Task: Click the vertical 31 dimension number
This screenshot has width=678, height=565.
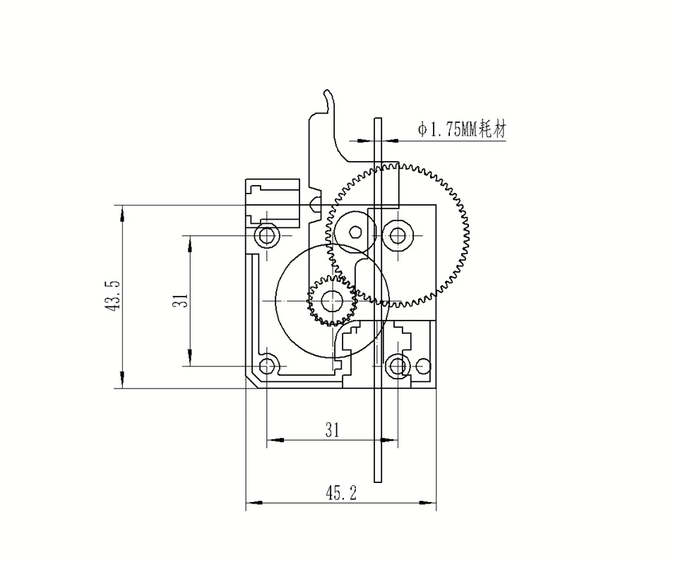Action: tap(182, 300)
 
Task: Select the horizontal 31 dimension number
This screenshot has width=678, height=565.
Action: tap(332, 429)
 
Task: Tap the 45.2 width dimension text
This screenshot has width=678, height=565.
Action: tap(340, 493)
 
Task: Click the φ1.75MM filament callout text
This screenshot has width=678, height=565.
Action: tap(462, 130)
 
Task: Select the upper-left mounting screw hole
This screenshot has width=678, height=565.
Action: tap(266, 234)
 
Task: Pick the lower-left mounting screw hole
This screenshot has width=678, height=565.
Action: tap(266, 366)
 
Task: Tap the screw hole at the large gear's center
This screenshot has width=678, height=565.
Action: tap(398, 234)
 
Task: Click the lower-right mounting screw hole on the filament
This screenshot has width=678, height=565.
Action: tap(398, 366)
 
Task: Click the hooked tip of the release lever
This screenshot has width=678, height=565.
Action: tap(327, 93)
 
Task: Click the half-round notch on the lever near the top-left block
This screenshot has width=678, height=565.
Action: tap(316, 206)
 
